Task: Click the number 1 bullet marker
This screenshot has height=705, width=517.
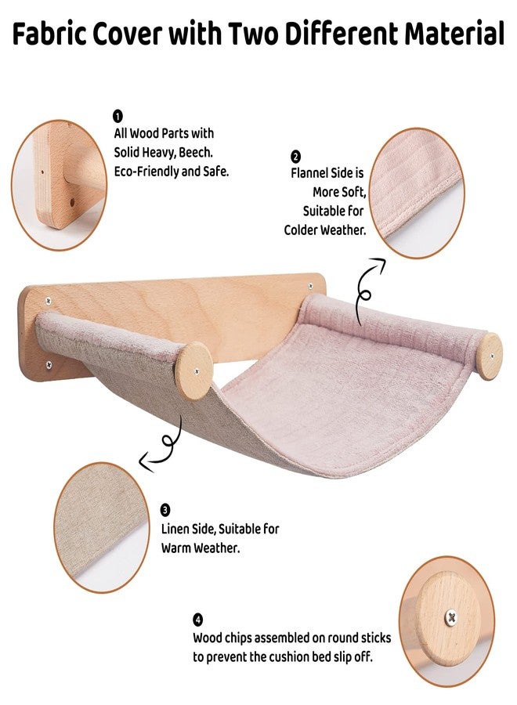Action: [x=117, y=117]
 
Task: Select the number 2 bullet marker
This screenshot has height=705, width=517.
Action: [x=296, y=157]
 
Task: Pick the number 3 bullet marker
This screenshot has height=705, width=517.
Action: [x=165, y=510]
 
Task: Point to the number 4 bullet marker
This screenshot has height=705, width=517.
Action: [x=198, y=620]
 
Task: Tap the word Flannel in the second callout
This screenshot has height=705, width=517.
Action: [x=310, y=173]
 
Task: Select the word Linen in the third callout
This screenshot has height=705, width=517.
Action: [x=175, y=530]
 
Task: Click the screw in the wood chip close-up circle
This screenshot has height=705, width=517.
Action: [x=450, y=617]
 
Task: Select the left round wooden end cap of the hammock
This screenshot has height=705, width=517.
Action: [x=195, y=371]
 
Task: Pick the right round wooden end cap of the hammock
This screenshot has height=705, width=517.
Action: [x=489, y=356]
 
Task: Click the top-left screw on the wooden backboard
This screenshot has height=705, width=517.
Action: [x=48, y=300]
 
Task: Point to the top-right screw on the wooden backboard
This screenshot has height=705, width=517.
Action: [x=310, y=286]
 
